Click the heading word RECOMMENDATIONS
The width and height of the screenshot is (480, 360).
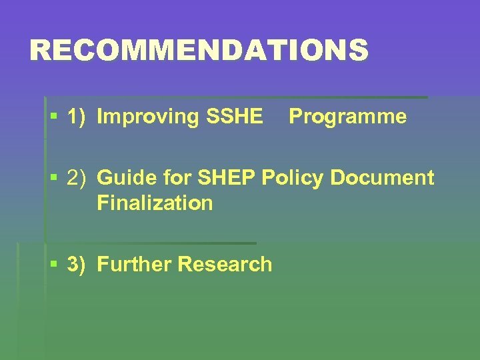tap(199, 51)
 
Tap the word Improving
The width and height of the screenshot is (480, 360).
tap(149, 117)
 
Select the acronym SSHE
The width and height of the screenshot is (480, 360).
tap(235, 117)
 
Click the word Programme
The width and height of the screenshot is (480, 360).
tap(347, 117)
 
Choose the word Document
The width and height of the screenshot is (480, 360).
tap(382, 179)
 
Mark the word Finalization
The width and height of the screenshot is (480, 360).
tap(155, 203)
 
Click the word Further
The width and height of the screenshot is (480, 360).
tap(135, 265)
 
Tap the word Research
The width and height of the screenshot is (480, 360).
tap(225, 265)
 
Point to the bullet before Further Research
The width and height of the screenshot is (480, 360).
tap(53, 265)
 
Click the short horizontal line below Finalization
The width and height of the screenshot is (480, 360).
tap(151, 243)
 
